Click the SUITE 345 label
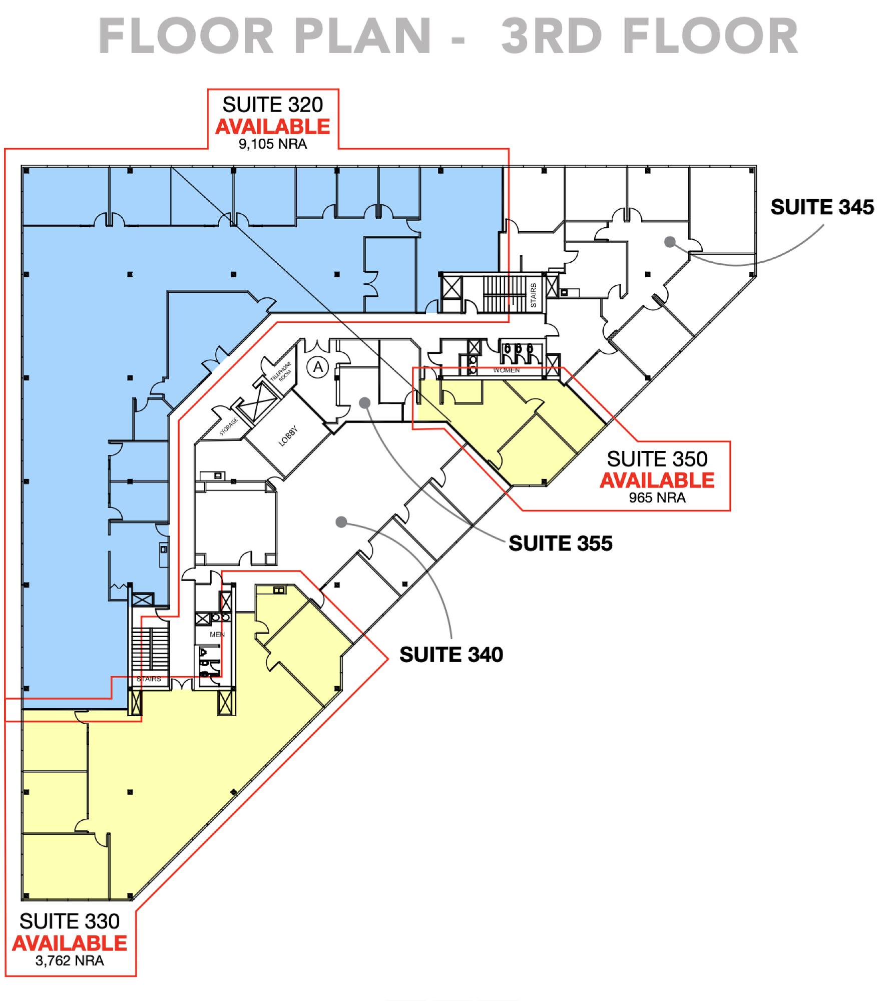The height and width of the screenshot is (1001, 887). (x=822, y=207)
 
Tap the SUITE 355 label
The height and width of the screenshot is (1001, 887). (x=560, y=544)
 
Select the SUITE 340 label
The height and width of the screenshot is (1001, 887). (x=451, y=655)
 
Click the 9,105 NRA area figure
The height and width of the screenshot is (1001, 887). (x=273, y=145)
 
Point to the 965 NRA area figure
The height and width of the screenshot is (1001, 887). (x=657, y=497)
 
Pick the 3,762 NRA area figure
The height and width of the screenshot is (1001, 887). (x=70, y=960)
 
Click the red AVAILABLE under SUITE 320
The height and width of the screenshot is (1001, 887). (x=273, y=127)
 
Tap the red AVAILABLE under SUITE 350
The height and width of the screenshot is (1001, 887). (x=657, y=480)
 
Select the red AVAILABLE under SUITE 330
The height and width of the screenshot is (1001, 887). (x=70, y=943)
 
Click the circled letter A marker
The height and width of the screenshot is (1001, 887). (x=318, y=368)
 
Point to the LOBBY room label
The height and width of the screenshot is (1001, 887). (x=288, y=436)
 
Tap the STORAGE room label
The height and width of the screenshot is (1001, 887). (x=228, y=427)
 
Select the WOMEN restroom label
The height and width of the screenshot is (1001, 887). (x=507, y=370)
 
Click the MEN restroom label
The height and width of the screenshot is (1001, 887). (x=217, y=635)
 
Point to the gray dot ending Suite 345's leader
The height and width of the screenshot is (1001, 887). (x=670, y=242)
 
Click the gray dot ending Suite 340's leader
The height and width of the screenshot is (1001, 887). (x=341, y=522)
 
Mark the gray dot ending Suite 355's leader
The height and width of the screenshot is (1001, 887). (x=364, y=402)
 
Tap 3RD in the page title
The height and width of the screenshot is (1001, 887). (x=552, y=36)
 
